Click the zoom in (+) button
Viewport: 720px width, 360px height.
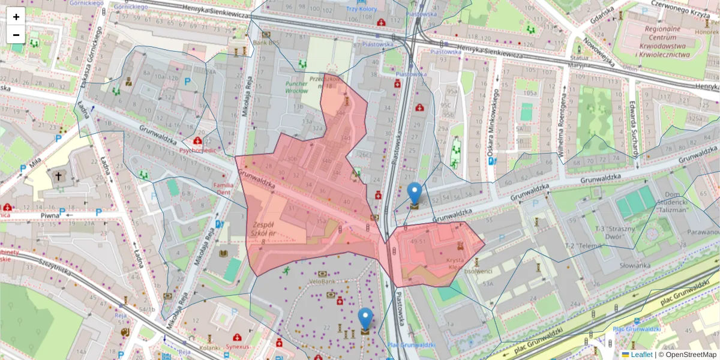[x=16, y=17]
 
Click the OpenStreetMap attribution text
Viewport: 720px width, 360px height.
[x=690, y=354]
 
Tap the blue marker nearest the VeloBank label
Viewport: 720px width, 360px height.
[x=365, y=318]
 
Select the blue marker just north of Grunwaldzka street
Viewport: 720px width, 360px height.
[x=414, y=193]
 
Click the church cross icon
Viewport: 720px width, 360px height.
[x=59, y=176]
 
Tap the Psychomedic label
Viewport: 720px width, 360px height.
[x=197, y=151]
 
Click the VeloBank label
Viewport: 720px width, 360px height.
[x=323, y=281]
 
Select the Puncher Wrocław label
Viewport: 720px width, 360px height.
[x=297, y=88]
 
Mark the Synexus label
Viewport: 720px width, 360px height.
[x=239, y=347]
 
